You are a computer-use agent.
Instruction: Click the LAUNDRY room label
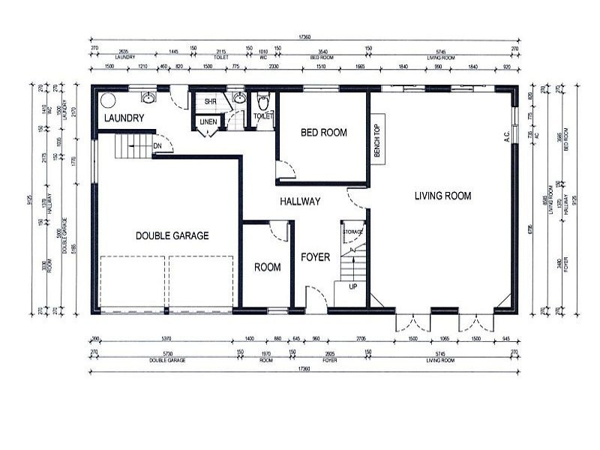(124, 118)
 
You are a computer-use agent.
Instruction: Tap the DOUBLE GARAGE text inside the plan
(172, 235)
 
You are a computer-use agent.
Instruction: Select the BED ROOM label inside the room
(323, 133)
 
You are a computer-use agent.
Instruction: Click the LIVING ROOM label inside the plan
(442, 196)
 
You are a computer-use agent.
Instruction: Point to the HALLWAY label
(300, 201)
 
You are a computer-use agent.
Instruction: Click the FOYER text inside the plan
(316, 256)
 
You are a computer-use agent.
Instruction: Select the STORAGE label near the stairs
(352, 232)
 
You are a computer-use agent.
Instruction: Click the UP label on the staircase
(352, 286)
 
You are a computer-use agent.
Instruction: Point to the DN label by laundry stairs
(157, 146)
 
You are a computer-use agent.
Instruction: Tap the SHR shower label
(210, 100)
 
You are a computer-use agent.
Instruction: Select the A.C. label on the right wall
(508, 136)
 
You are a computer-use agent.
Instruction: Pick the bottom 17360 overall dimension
(303, 368)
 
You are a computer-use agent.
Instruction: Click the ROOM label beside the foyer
(267, 267)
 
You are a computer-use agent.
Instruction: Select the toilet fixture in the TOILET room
(262, 100)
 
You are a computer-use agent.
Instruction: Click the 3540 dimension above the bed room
(322, 52)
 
